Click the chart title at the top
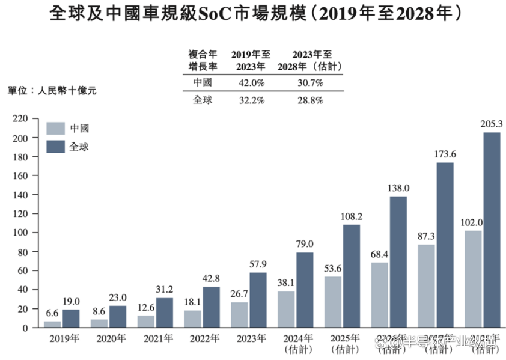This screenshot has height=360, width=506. coord(253,13)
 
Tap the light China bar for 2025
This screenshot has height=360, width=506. coord(333,302)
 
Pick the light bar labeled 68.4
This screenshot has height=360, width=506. coord(379,294)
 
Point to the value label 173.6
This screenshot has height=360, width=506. coord(445,154)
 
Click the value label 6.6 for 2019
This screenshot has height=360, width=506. coord(52,313)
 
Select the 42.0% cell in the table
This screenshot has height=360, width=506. coord(253,82)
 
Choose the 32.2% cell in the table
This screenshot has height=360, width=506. coord(253,100)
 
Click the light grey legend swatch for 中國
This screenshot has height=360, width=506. coord(56,128)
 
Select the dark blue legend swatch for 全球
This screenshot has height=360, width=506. coord(56,146)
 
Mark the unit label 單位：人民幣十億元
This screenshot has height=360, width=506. coord(52,91)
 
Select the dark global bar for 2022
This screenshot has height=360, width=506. coord(211,307)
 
